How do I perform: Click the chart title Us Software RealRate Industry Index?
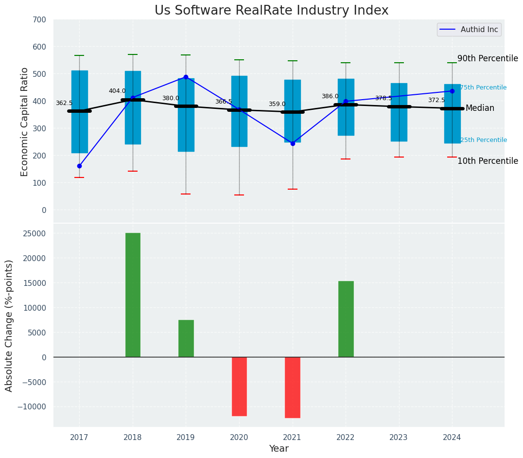[271, 11]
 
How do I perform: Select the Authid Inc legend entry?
[469, 30]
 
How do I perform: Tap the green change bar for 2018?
[133, 295]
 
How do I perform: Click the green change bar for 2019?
[186, 338]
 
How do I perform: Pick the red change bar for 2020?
[239, 387]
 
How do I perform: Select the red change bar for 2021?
[292, 388]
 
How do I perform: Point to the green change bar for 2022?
[346, 319]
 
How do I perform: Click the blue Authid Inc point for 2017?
[79, 166]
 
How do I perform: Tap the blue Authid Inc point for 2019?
[186, 77]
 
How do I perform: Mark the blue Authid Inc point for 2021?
[293, 143]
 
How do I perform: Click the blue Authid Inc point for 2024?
[452, 91]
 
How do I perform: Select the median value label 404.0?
[117, 91]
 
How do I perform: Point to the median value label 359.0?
[277, 104]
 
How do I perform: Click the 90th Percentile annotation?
[488, 58]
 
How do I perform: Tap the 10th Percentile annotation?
[488, 161]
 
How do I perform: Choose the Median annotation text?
[480, 108]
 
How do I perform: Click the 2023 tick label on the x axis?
[399, 438]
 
